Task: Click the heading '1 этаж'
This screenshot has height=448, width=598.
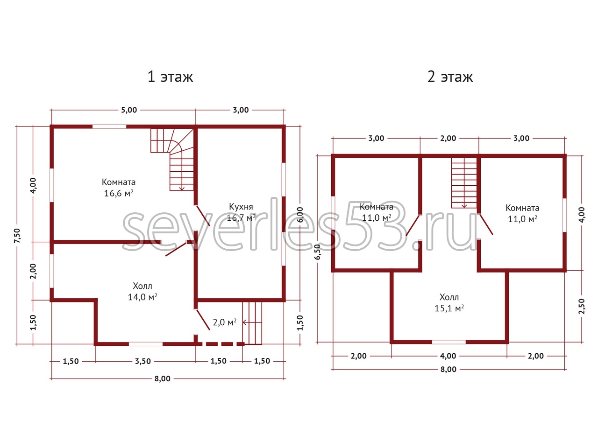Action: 170,77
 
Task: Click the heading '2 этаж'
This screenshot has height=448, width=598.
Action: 450,77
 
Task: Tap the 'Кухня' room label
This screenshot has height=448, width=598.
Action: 241,207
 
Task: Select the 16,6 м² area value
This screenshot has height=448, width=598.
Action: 119,193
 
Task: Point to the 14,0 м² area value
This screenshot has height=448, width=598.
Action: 142,297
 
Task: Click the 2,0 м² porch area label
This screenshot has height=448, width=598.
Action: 225,322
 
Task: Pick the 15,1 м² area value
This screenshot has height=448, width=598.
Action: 449,308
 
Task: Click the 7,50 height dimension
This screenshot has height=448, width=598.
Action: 17,236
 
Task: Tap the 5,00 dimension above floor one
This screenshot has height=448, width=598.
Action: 129,110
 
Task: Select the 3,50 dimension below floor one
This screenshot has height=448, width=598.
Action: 143,361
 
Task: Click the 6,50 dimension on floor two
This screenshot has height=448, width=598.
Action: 318,252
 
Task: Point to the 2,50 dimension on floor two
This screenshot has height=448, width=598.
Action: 581,306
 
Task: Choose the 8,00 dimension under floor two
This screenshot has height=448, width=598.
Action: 448,370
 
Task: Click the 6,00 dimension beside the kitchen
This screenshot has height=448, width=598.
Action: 299,215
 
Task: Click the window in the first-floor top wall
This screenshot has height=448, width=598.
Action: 109,126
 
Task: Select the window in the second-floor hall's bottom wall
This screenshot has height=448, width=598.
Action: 448,342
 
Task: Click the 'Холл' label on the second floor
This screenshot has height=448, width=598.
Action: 449,297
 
